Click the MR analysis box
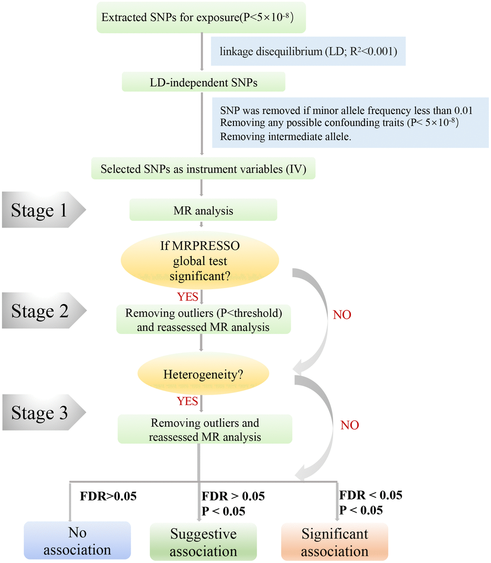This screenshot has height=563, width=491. (x=203, y=209)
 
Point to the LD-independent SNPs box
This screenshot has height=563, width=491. (x=204, y=82)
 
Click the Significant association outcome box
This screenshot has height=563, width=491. (x=335, y=542)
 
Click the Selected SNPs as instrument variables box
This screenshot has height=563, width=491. (x=203, y=169)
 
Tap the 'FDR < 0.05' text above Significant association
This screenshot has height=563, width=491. (x=371, y=495)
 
